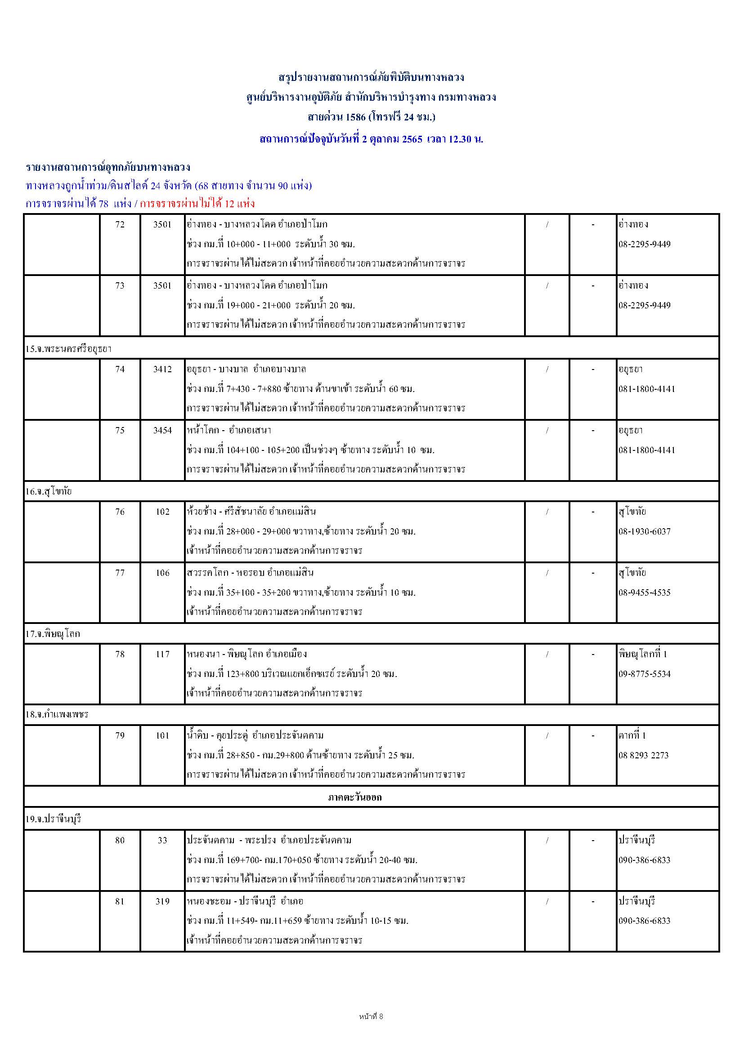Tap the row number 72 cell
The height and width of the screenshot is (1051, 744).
pyautogui.click(x=120, y=224)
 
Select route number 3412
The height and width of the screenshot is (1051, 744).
pyautogui.click(x=162, y=369)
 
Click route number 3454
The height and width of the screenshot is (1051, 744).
pyautogui.click(x=162, y=430)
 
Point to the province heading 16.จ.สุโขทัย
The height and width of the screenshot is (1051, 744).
pyautogui.click(x=49, y=492)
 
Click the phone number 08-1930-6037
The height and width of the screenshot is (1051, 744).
pyautogui.click(x=644, y=531)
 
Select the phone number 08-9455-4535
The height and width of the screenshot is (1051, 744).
pyautogui.click(x=644, y=592)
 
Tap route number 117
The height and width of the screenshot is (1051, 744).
pyautogui.click(x=162, y=654)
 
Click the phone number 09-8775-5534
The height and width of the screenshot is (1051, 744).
pyautogui.click(x=644, y=674)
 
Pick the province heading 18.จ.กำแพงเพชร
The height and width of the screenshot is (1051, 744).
pyautogui.click(x=56, y=714)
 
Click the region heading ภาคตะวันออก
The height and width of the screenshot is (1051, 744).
pyautogui.click(x=355, y=797)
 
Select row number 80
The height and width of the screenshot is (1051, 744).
pyautogui.click(x=120, y=840)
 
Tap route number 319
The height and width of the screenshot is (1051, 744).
pyautogui.click(x=162, y=901)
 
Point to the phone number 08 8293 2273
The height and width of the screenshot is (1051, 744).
pyautogui.click(x=643, y=755)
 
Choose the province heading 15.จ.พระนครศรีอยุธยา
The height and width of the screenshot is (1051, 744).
pyautogui.click(x=69, y=349)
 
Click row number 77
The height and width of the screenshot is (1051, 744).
pyautogui.click(x=120, y=573)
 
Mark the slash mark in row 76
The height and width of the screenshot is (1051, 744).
pyautogui.click(x=547, y=512)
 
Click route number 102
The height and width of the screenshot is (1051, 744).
pyautogui.click(x=162, y=512)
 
